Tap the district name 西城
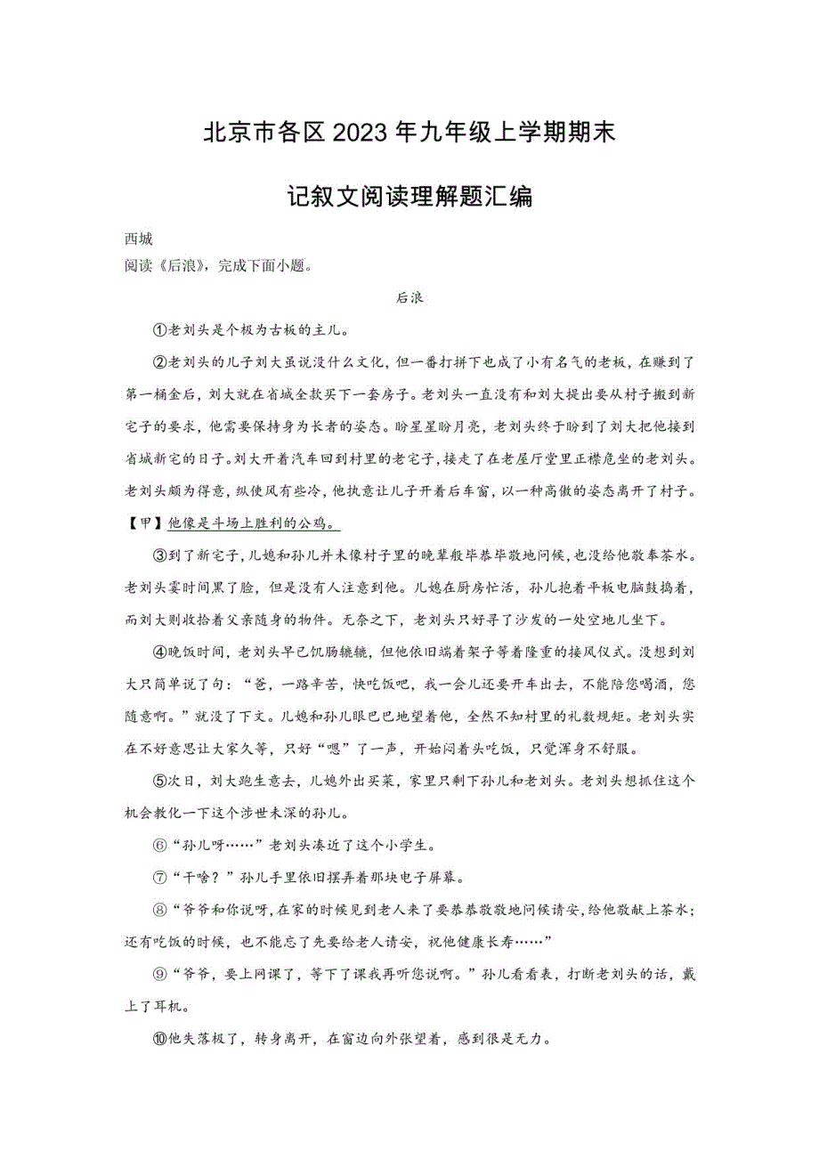click(138, 239)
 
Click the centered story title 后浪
click(409, 299)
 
